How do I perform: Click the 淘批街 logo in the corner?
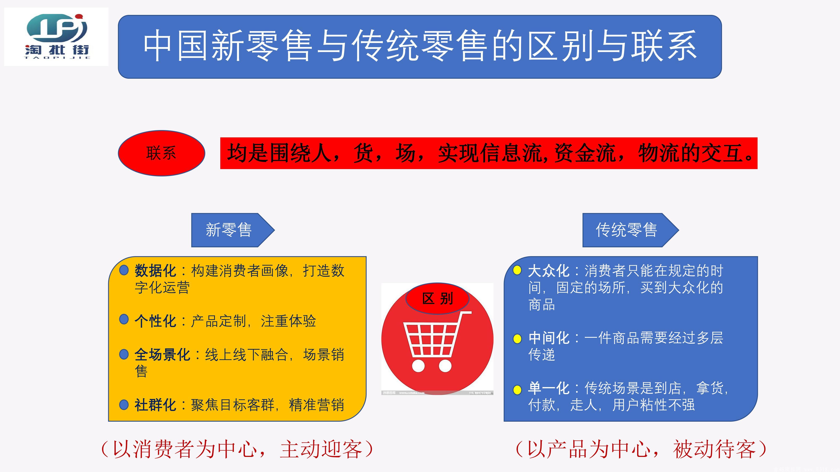(56, 37)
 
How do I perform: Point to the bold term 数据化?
(155, 271)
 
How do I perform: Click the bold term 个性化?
(155, 321)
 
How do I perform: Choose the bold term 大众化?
(549, 271)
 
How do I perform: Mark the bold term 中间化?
(549, 338)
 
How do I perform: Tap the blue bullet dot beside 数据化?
(124, 270)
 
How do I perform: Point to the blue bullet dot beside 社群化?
(124, 405)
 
